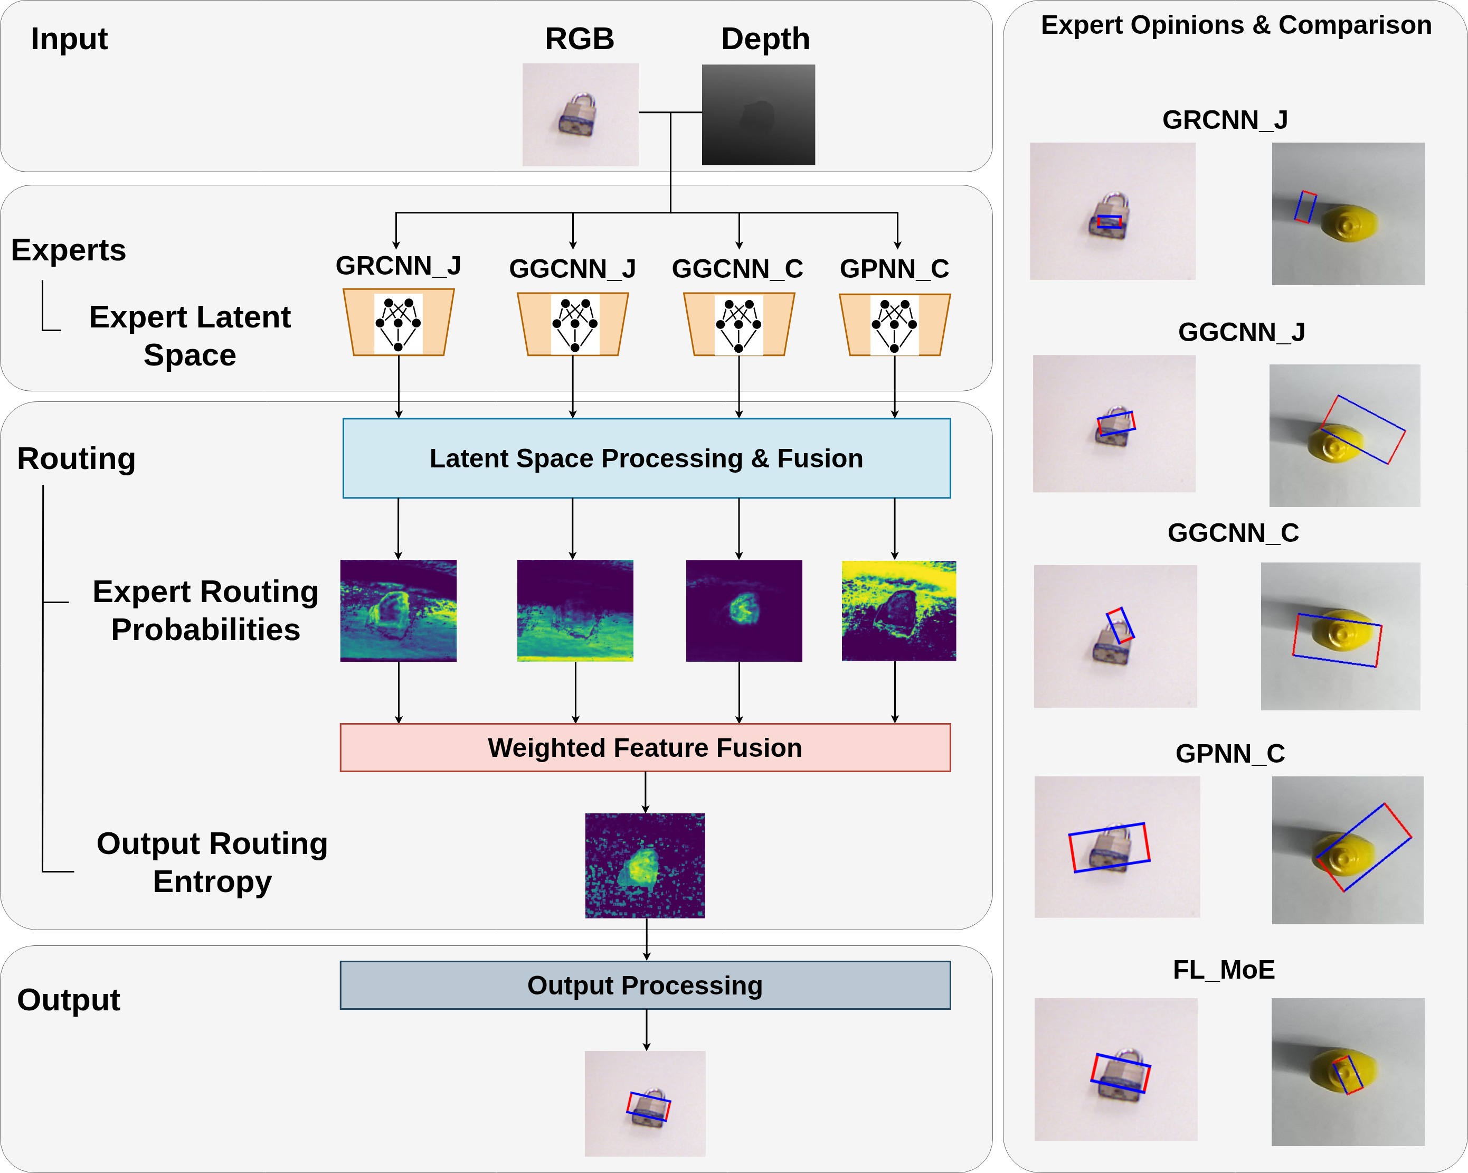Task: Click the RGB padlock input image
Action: (x=580, y=115)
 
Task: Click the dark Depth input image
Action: (x=758, y=115)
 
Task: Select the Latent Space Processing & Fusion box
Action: (x=646, y=458)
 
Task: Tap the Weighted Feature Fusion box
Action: (x=645, y=747)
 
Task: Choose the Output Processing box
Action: (x=645, y=985)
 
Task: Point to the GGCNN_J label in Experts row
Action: (x=572, y=269)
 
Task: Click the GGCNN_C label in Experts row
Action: (x=737, y=269)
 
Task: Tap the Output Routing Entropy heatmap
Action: (x=645, y=865)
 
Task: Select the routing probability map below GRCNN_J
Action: (x=399, y=611)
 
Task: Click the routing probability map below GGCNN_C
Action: (x=744, y=611)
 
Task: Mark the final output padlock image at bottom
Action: (x=645, y=1103)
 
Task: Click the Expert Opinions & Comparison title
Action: (x=1236, y=25)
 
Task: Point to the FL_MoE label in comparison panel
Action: (x=1223, y=969)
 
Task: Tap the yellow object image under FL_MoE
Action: (x=1348, y=1072)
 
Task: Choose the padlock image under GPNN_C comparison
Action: (x=1116, y=847)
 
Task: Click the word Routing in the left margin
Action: (x=76, y=458)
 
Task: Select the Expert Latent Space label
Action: (x=190, y=336)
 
